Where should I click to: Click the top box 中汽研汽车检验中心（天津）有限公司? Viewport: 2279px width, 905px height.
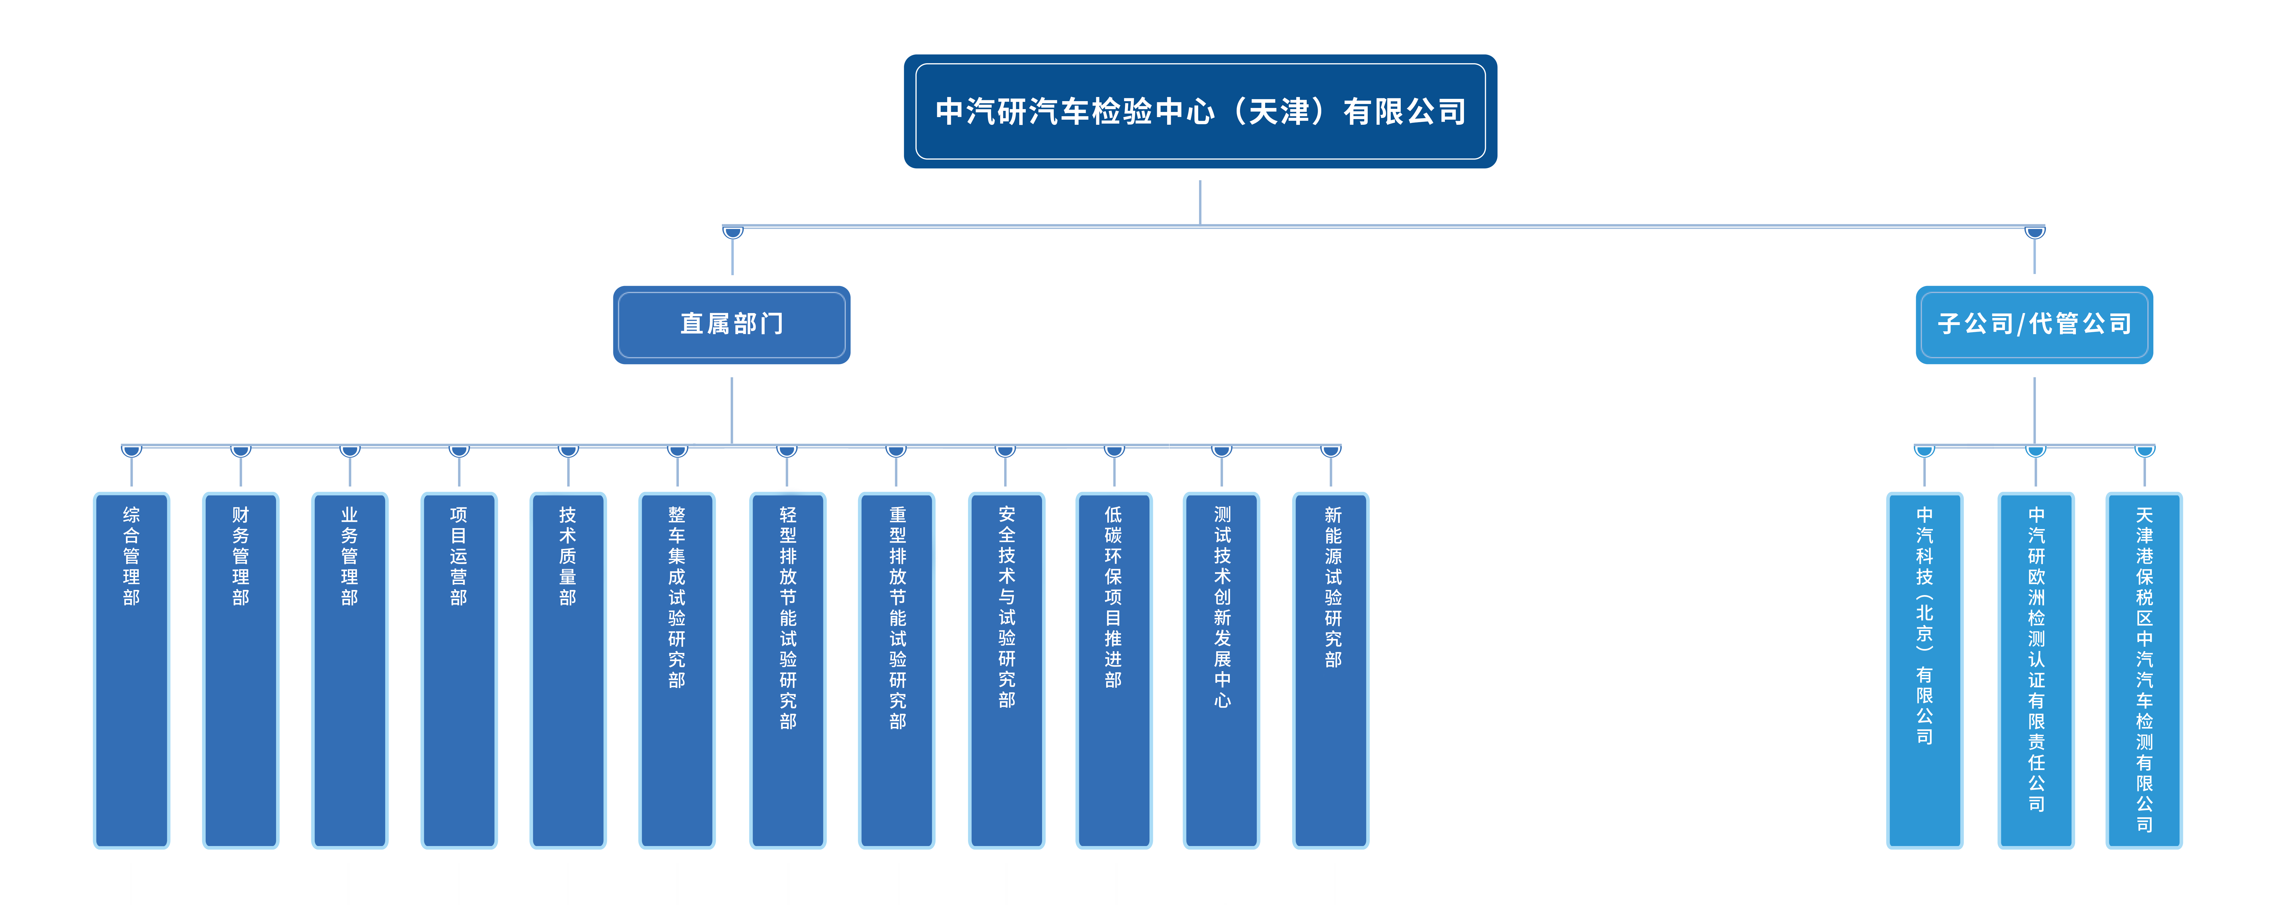[1200, 111]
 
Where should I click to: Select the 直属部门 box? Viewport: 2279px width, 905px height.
[732, 324]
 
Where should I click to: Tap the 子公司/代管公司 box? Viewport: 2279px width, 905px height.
[2034, 324]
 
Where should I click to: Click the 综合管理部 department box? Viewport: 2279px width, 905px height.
[131, 670]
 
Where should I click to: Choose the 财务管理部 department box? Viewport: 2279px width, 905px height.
[241, 670]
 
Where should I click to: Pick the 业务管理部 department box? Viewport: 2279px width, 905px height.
[350, 670]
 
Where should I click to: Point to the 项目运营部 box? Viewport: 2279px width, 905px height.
[458, 670]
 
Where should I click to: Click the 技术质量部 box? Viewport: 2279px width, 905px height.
[568, 670]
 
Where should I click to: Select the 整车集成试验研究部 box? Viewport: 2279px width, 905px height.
[677, 670]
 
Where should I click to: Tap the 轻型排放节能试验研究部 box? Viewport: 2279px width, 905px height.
[787, 670]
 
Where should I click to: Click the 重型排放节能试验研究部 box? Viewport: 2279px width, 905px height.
[897, 670]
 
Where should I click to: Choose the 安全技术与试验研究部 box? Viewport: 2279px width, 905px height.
[1006, 670]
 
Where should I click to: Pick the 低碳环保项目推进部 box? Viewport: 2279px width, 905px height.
[1114, 670]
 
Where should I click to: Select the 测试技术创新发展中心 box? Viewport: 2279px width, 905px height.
[1222, 670]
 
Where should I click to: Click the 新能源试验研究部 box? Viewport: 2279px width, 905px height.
[1332, 670]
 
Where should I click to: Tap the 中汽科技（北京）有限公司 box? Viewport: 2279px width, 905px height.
[1924, 670]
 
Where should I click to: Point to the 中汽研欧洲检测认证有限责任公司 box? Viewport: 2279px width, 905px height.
[2036, 670]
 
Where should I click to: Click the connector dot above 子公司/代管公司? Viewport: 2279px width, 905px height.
[2035, 232]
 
